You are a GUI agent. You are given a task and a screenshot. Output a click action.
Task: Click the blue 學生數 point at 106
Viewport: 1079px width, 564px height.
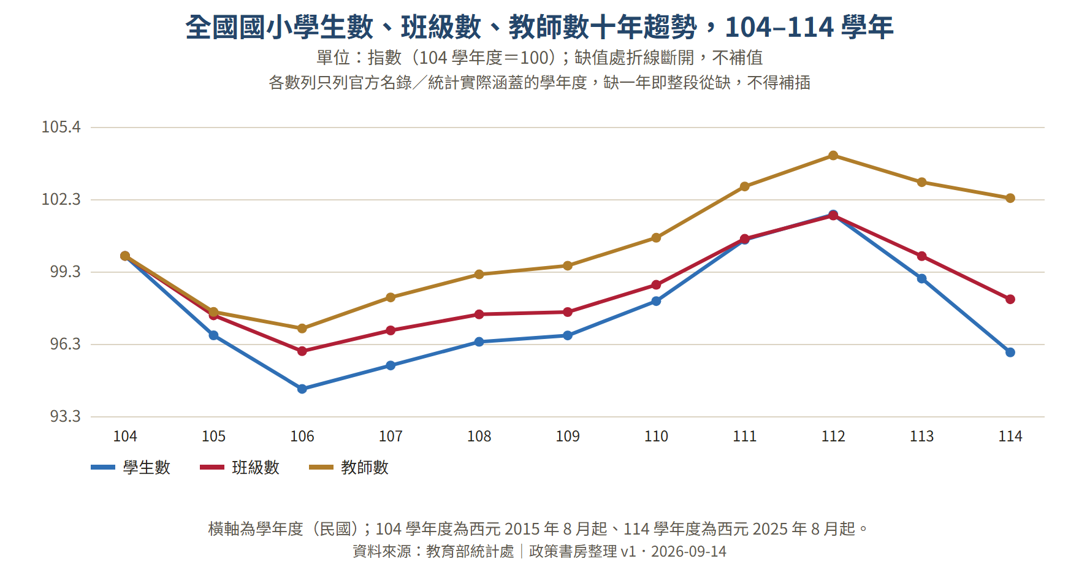tap(302, 389)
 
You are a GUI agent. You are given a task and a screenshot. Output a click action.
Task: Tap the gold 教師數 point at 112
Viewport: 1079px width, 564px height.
tap(833, 156)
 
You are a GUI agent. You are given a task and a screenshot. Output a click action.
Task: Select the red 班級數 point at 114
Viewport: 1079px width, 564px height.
tap(1010, 299)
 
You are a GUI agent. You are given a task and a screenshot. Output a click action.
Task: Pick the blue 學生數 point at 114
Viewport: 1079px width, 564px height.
tap(1010, 352)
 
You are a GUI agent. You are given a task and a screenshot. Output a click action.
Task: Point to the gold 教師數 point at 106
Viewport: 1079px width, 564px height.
tap(302, 329)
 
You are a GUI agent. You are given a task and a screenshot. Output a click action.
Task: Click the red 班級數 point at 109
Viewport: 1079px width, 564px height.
tap(568, 312)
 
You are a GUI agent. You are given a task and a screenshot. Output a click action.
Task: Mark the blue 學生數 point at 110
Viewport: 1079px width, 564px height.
tap(656, 301)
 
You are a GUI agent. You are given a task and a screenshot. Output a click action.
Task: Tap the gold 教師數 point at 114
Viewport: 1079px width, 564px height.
tap(1010, 198)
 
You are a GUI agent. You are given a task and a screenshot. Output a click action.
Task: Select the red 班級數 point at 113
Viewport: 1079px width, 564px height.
tap(921, 256)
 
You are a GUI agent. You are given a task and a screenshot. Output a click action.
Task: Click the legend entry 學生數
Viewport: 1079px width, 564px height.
tap(131, 467)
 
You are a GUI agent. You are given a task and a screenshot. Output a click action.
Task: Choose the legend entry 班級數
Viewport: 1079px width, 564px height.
tap(240, 467)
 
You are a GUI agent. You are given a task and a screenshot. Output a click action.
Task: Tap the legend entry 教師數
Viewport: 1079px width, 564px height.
tap(349, 467)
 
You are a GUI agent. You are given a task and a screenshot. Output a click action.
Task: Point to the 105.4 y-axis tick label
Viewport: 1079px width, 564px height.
tap(61, 127)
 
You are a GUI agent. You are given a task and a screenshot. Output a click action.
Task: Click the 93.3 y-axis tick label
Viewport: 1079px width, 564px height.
tap(65, 416)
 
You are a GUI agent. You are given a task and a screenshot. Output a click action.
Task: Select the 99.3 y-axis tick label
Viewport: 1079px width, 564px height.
tap(65, 272)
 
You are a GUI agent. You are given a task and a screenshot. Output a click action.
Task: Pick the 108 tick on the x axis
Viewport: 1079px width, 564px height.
tap(479, 436)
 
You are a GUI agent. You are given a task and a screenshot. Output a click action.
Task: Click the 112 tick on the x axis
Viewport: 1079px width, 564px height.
tap(833, 436)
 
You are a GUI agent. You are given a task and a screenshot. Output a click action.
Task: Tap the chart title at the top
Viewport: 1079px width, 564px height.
tap(539, 27)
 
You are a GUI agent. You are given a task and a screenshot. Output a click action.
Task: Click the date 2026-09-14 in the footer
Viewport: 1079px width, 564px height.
tap(688, 552)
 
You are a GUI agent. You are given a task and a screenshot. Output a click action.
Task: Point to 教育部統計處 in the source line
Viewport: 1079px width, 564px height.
tap(470, 552)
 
